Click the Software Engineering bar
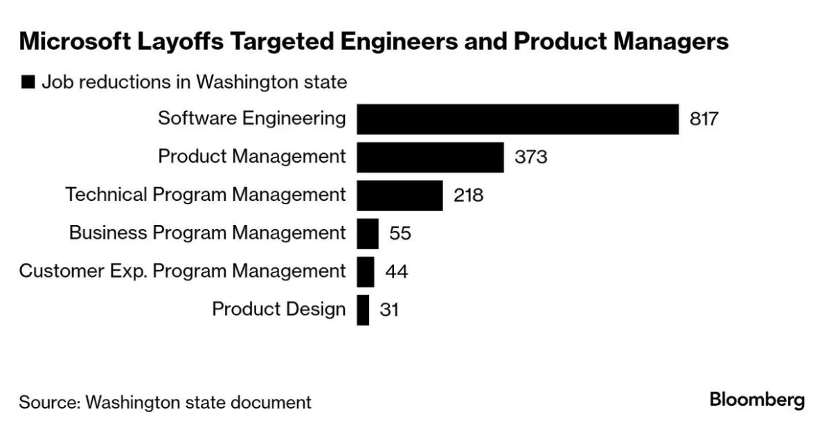coord(517,119)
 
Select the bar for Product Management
coord(430,157)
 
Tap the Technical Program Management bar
coord(400,195)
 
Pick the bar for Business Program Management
coord(368,233)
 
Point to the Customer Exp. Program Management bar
coord(366,271)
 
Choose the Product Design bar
coord(363,310)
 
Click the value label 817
coord(704,119)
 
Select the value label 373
coord(530,157)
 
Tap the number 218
coord(469,195)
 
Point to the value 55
coord(400,233)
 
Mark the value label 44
coord(396,271)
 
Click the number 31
coord(389,310)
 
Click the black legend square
coord(28,82)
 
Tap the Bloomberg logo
coord(757,400)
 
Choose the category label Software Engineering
coord(252,118)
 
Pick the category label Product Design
coord(278,309)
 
